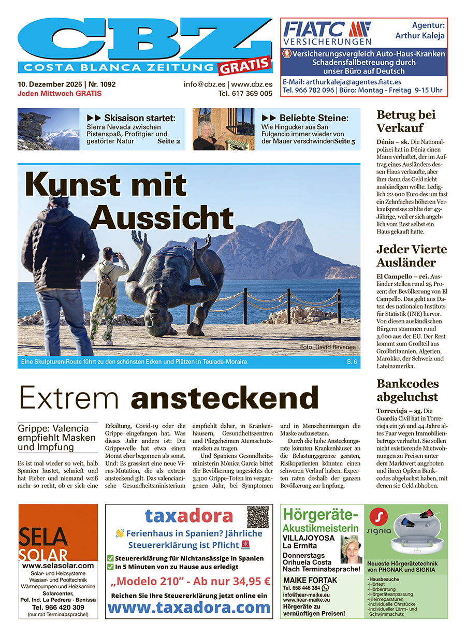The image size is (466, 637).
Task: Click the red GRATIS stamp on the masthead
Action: (x=245, y=65)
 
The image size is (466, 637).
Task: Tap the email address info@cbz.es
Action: (x=204, y=84)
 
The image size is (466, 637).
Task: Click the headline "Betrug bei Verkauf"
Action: (x=405, y=121)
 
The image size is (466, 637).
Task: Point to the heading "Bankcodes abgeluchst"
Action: (x=407, y=390)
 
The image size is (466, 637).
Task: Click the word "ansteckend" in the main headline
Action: (x=224, y=398)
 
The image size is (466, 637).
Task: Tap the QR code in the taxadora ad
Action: (x=258, y=517)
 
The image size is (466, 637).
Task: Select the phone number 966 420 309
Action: (x=57, y=607)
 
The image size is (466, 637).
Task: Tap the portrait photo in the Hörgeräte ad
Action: (x=351, y=549)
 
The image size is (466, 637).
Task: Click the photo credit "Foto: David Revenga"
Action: (x=328, y=346)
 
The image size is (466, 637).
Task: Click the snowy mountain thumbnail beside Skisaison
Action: (x=48, y=129)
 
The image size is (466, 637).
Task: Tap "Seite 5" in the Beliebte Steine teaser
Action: (x=344, y=141)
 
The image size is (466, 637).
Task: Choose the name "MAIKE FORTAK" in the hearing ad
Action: (x=310, y=580)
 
